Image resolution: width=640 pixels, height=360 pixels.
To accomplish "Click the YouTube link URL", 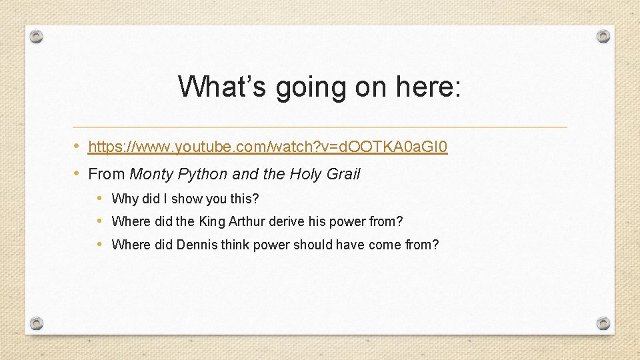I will tap(267, 146).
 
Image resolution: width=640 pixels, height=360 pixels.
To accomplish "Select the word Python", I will tap(201, 175).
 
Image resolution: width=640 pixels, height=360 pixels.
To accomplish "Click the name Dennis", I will tap(197, 245).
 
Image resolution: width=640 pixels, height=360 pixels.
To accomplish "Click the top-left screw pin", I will tap(37, 37).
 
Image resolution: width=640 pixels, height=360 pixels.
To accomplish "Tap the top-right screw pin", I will tap(603, 37).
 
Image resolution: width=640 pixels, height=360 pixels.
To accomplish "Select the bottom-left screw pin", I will tap(37, 323).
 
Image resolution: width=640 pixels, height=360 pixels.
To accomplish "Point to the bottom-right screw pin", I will tap(603, 323).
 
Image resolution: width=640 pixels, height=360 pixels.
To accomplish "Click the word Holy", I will tap(305, 175).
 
